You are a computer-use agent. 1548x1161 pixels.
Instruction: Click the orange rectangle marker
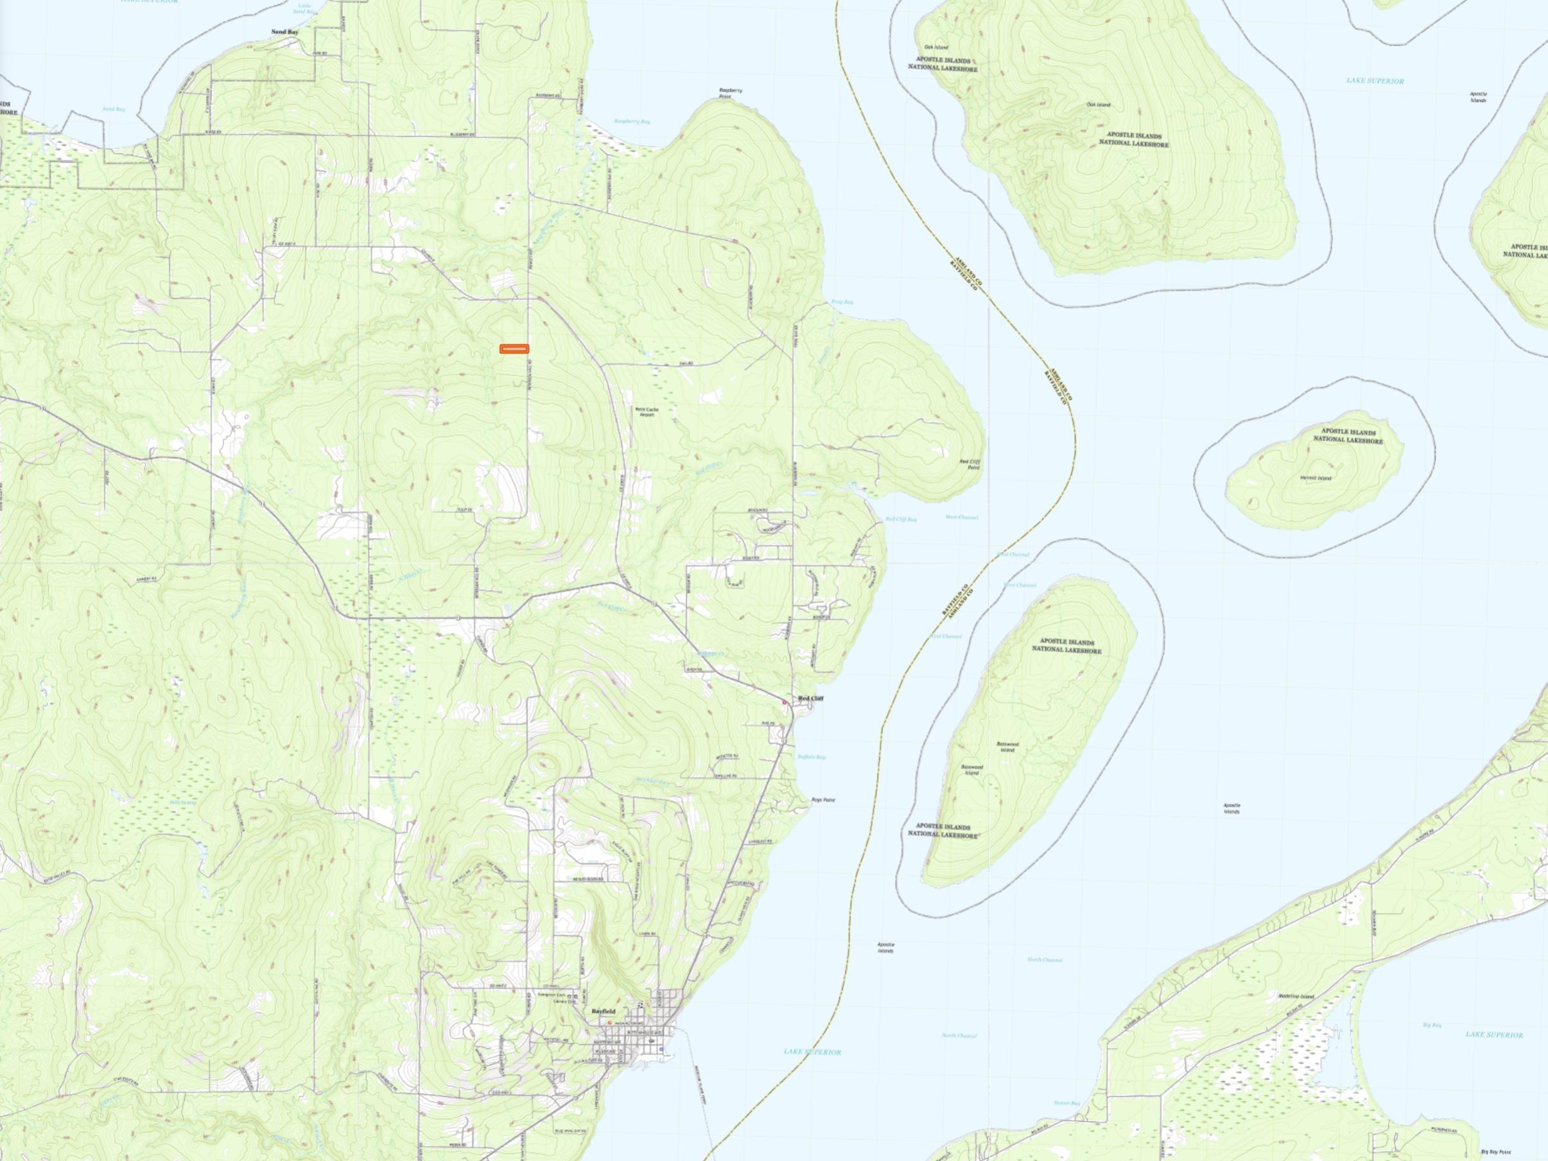(514, 349)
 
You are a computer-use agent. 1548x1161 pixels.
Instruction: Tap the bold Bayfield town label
(604, 1012)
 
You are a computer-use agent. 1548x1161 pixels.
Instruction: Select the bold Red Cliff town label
(810, 699)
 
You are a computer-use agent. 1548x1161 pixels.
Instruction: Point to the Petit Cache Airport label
(646, 412)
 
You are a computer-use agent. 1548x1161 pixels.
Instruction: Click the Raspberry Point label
(730, 92)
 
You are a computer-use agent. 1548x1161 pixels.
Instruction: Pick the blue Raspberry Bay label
(631, 121)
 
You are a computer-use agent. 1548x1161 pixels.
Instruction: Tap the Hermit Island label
(1316, 478)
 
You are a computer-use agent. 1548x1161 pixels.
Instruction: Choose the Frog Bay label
(842, 302)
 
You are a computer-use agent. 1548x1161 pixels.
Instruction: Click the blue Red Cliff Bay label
(901, 519)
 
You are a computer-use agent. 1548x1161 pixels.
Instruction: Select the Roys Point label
(823, 799)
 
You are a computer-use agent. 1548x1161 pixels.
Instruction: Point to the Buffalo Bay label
(812, 756)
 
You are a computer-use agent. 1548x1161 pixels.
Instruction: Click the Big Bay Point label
(1495, 1152)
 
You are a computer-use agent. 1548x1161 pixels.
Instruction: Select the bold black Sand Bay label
(285, 32)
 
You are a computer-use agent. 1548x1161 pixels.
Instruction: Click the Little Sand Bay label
(304, 8)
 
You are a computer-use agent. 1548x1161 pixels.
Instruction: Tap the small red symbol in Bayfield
(609, 1023)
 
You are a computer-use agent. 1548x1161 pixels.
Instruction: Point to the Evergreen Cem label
(552, 995)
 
